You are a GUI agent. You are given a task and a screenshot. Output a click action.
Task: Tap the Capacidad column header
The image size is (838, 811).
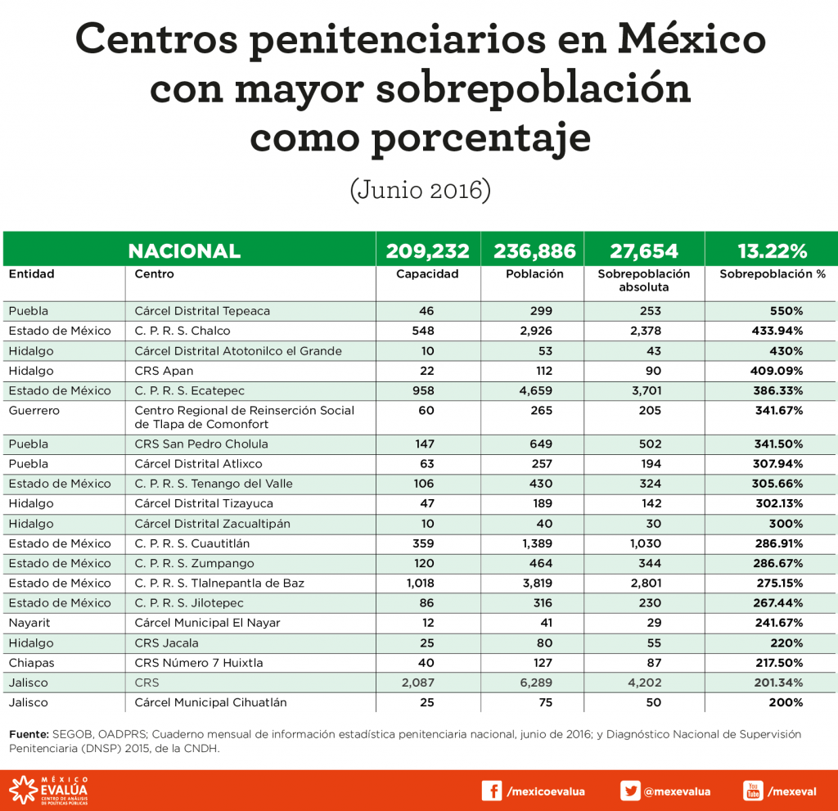point(427,274)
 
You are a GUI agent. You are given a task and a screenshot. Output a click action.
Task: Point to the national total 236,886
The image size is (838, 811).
point(534,250)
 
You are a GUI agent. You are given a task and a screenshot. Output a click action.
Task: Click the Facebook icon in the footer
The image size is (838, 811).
point(491,791)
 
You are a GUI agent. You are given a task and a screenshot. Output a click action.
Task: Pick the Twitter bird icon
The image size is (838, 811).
point(629,791)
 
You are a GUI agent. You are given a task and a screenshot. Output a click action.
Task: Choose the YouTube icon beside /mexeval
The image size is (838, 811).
point(753,791)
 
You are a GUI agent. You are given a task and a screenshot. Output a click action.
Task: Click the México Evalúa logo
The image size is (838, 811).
point(48,791)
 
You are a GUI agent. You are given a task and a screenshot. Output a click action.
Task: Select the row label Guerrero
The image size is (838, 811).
point(34,410)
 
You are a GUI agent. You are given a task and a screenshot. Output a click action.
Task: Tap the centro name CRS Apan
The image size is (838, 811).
point(164,370)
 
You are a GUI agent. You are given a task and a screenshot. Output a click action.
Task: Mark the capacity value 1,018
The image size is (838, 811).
point(417,583)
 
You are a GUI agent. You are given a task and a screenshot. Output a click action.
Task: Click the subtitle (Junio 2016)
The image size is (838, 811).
point(419,190)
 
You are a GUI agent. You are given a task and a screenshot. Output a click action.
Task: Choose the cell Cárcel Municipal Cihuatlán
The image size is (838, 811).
point(210,702)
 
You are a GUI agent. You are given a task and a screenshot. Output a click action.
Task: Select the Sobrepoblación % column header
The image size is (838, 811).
point(772,274)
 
